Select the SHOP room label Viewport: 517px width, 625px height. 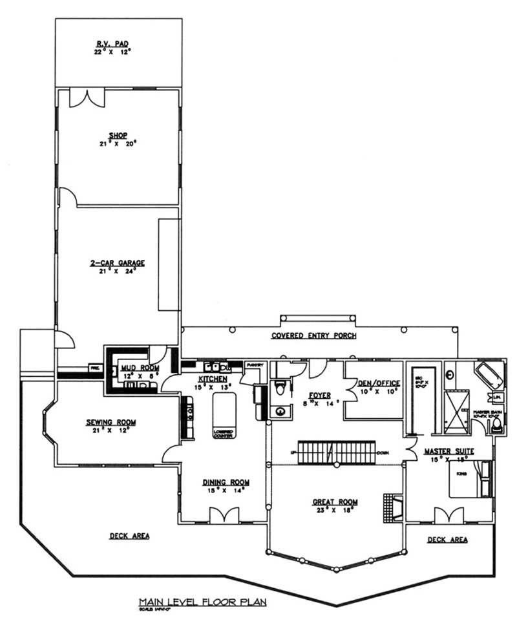117,136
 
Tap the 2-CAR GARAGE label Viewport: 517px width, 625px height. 117,263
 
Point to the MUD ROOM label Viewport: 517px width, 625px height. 136,368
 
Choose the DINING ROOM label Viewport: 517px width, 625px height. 226,482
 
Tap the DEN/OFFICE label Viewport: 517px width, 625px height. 379,383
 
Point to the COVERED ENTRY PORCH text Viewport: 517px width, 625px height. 313,335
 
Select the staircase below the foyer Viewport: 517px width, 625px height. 336,452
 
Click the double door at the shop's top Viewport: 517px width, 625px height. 86,98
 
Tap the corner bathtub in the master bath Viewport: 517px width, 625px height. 488,374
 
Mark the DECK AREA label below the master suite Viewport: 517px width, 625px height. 447,539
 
